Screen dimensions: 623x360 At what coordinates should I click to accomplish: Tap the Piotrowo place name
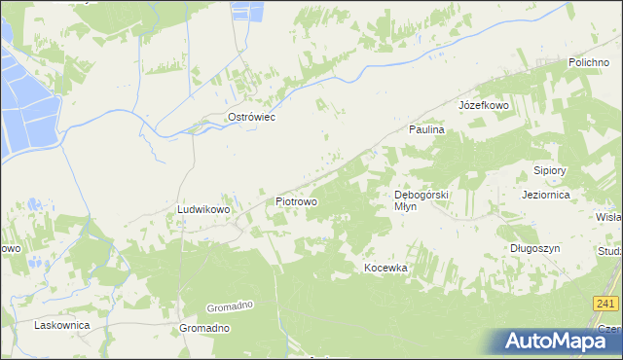[x=296, y=201]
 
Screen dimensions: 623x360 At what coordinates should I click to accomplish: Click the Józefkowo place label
[x=484, y=104]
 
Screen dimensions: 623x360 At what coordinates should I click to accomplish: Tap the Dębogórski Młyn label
[x=421, y=199]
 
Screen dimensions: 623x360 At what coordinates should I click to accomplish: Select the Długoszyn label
[x=536, y=248]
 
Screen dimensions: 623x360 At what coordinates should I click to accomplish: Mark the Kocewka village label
[x=385, y=268]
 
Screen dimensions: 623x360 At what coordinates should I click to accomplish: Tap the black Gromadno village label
[x=204, y=329]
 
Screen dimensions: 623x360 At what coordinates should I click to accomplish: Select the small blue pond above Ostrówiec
[x=244, y=12]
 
